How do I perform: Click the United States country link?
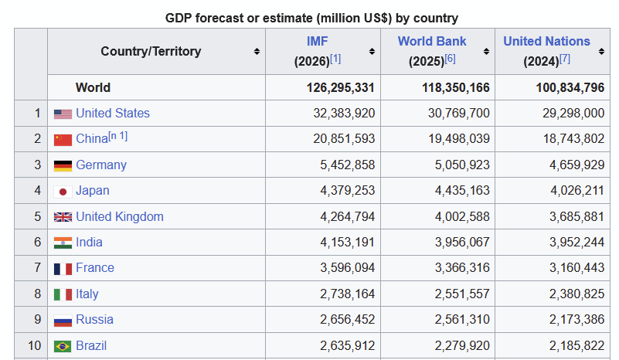point(113,114)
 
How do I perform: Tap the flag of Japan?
point(63,192)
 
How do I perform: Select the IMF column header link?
point(318,41)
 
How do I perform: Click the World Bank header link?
point(432,41)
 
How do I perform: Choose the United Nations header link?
point(546,41)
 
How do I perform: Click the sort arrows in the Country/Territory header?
point(257,51)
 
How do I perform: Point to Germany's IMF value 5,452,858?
point(348,165)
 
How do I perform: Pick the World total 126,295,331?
point(340,87)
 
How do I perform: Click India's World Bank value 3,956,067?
point(462,242)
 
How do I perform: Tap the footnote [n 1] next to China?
point(118,136)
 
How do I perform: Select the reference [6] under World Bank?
point(450,59)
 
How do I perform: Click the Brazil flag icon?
point(63,347)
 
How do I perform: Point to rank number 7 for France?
point(38,267)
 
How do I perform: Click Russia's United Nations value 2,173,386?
point(576,319)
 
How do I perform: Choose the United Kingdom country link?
point(120,217)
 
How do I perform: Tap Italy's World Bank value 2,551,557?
point(462,294)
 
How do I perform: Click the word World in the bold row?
point(93,87)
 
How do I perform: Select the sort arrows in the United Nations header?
point(601,51)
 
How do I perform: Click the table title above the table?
point(312,19)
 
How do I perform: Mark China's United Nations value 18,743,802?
point(574,139)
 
